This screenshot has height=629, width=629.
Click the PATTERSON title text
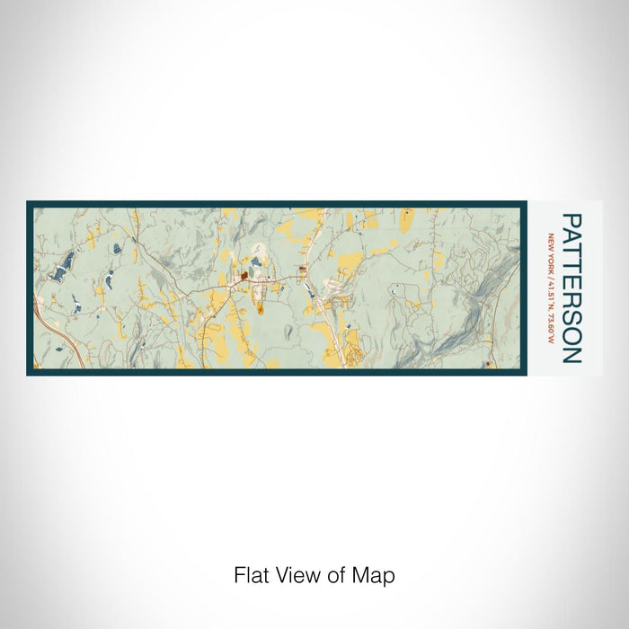pos(571,288)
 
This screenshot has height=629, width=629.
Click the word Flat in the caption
pos(251,575)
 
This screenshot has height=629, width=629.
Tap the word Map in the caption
pos(377,575)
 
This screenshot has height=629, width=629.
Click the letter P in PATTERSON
pos(571,220)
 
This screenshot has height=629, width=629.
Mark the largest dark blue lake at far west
pos(64,268)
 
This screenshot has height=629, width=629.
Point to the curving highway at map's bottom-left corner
pos(58,341)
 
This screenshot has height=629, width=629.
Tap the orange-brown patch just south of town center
pos(261,309)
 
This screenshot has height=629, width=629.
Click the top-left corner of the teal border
pos(28,202)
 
